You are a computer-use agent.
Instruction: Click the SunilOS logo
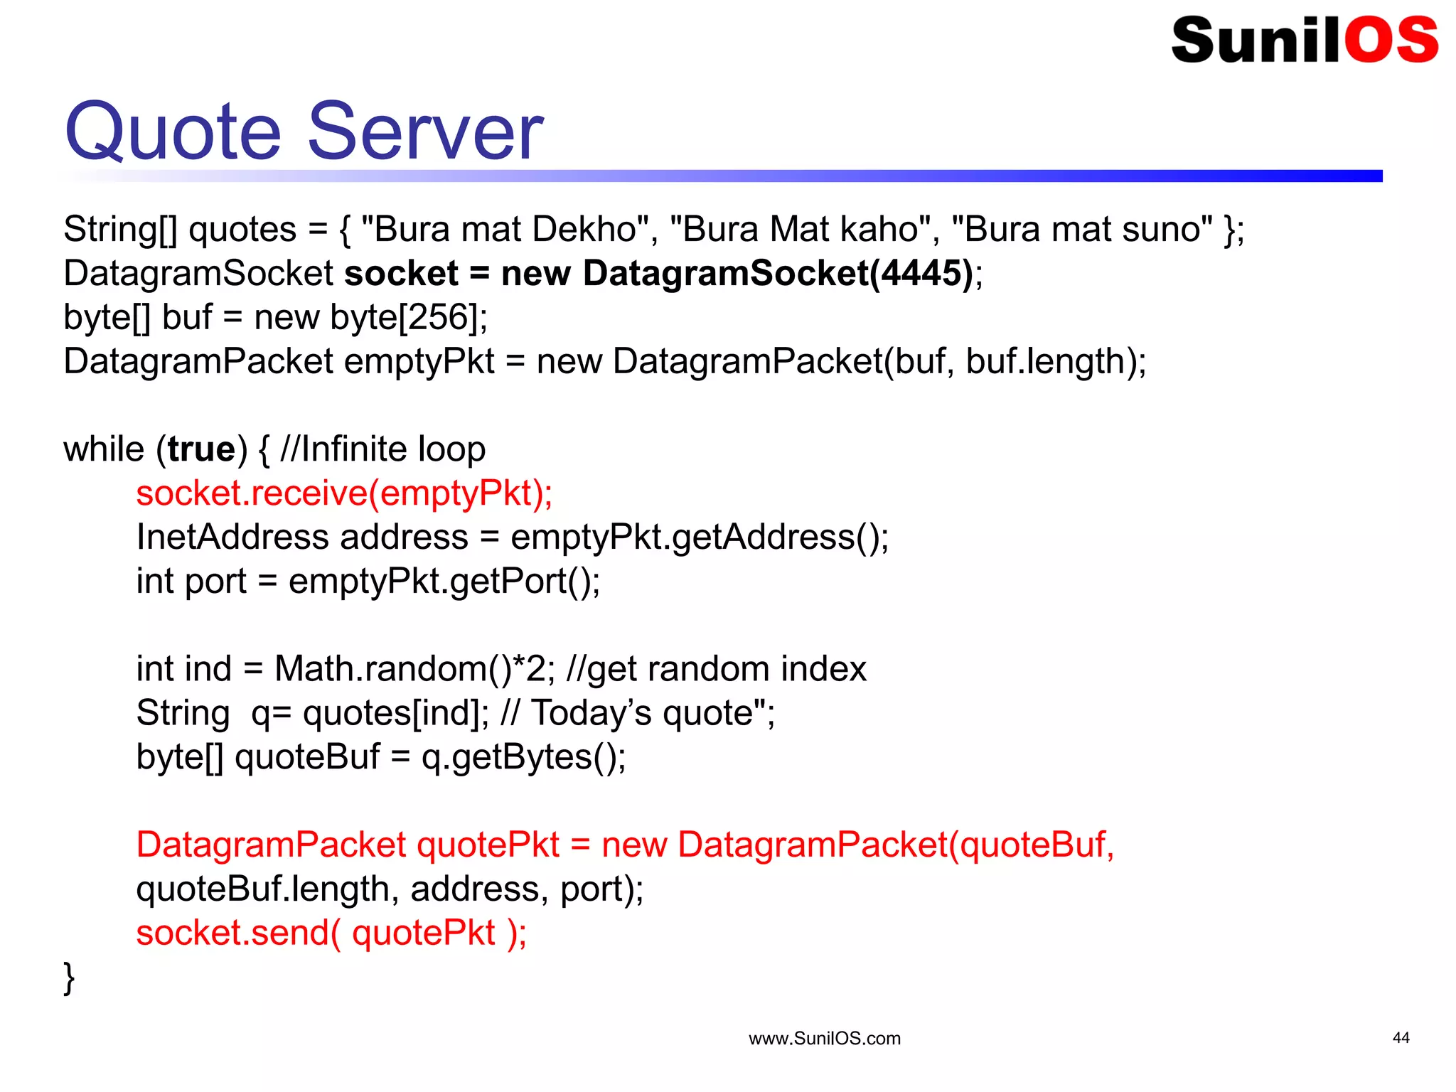pos(1305,40)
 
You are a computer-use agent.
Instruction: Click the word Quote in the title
pos(173,132)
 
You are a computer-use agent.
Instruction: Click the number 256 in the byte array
pos(437,318)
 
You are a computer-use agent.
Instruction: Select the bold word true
pos(201,450)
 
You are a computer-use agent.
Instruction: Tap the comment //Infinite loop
pos(383,450)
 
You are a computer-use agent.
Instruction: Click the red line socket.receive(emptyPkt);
pos(344,494)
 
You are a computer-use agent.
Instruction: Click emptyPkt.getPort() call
pos(444,582)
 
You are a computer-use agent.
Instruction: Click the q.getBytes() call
pos(523,757)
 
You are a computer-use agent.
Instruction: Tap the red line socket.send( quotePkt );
pos(331,933)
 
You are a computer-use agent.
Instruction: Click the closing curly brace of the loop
pos(69,978)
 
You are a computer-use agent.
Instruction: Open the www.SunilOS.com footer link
pos(824,1039)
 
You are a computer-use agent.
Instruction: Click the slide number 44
pos(1401,1038)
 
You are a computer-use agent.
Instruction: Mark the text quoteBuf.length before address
pos(262,889)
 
